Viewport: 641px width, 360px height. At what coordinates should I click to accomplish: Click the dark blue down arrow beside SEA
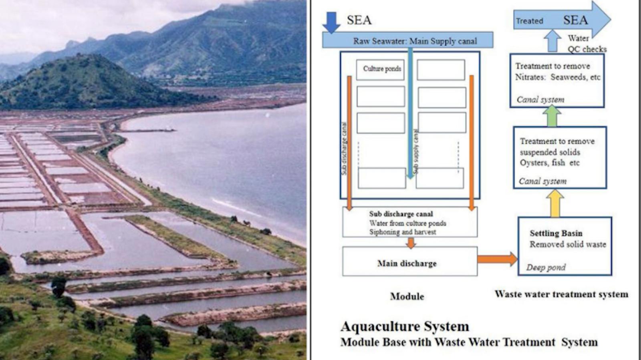(x=331, y=22)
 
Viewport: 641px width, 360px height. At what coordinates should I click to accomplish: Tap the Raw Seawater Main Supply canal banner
(x=407, y=40)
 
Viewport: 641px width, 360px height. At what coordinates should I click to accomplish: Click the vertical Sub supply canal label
(x=416, y=151)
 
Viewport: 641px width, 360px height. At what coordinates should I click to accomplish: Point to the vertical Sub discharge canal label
(x=344, y=148)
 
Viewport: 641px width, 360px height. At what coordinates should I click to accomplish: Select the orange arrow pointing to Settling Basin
(x=497, y=259)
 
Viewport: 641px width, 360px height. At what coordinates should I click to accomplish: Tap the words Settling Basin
(x=556, y=233)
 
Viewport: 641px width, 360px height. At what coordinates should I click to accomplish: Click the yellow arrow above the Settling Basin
(x=555, y=203)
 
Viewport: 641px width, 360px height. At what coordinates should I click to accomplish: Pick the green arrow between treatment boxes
(x=552, y=116)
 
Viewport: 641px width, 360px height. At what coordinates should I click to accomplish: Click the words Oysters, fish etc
(x=549, y=163)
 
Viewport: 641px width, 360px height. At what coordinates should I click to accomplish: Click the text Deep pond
(x=546, y=267)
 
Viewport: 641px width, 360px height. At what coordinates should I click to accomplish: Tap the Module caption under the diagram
(x=407, y=296)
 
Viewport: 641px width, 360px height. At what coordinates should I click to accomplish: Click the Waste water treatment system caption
(x=561, y=294)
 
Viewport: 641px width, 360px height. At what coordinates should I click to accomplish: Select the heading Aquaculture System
(x=405, y=326)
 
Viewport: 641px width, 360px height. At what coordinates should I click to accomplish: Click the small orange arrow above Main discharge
(x=410, y=243)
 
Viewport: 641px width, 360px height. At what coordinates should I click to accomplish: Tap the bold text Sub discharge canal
(x=401, y=214)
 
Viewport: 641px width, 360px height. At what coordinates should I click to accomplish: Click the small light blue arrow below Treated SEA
(x=552, y=41)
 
